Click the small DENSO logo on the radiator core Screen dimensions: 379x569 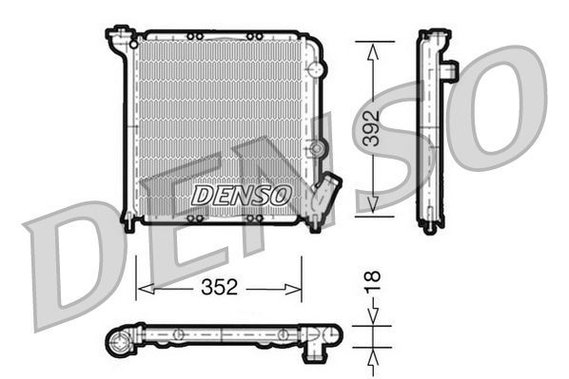(x=241, y=196)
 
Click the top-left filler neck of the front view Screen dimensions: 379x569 (x=119, y=39)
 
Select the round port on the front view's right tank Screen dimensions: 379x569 (x=318, y=148)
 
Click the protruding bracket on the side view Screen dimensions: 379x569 (x=449, y=71)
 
